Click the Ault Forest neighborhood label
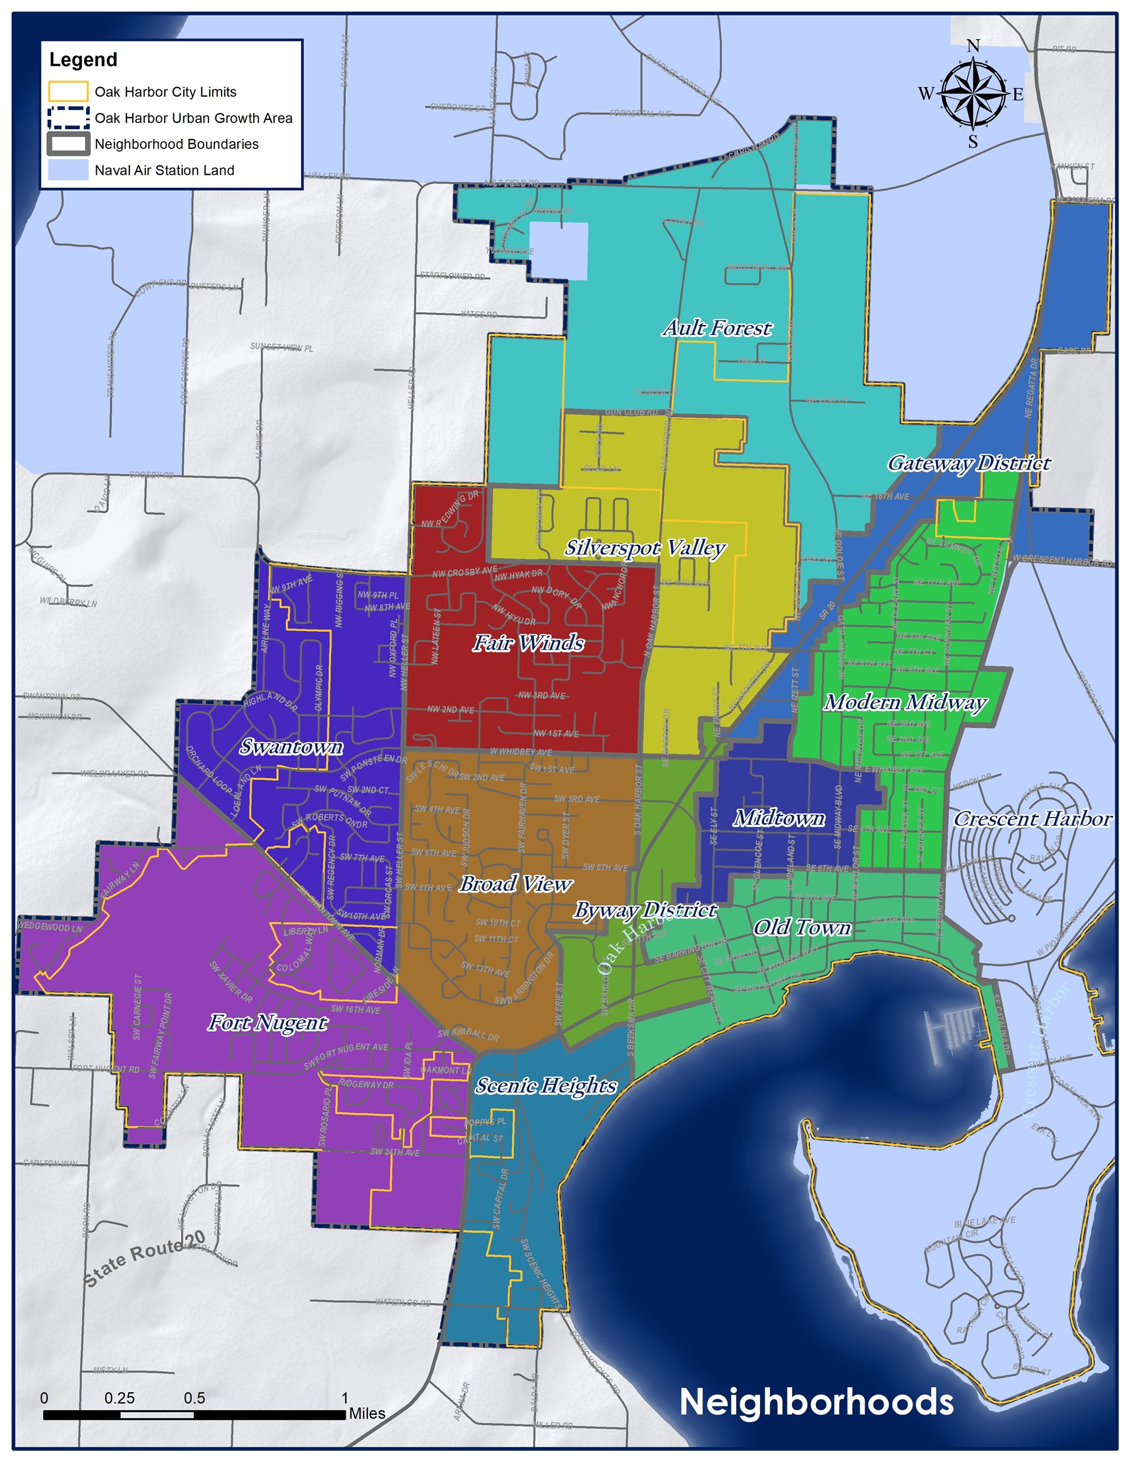pyautogui.click(x=717, y=328)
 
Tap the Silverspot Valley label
pyautogui.click(x=645, y=548)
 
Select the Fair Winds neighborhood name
pyautogui.click(x=528, y=643)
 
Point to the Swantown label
pyautogui.click(x=291, y=747)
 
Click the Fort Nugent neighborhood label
pyautogui.click(x=267, y=1023)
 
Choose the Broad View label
pyautogui.click(x=515, y=885)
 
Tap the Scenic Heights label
pyautogui.click(x=546, y=1085)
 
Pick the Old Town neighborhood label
pyautogui.click(x=802, y=927)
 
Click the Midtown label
pyautogui.click(x=779, y=818)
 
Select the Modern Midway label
pyautogui.click(x=905, y=702)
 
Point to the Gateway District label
pyautogui.click(x=969, y=463)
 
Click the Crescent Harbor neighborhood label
pyautogui.click(x=1033, y=819)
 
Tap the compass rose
pyautogui.click(x=973, y=94)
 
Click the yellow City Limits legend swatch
pyautogui.click(x=67, y=92)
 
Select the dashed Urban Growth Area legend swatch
pyautogui.click(x=67, y=118)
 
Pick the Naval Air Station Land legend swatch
pyautogui.click(x=67, y=170)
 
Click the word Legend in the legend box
pyautogui.click(x=83, y=60)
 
